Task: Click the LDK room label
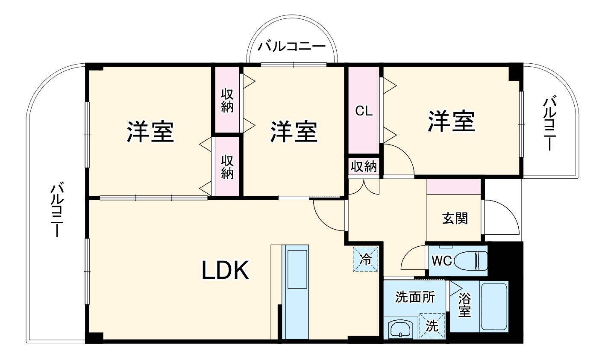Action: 225,270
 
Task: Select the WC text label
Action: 442,260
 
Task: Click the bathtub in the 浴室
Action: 494,306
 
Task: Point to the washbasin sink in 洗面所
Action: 400,330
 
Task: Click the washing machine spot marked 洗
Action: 432,327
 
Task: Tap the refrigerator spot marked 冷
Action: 366,259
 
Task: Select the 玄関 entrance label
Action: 455,218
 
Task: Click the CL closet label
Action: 364,111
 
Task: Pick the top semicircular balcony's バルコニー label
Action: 292,46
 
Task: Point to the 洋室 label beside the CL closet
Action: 452,121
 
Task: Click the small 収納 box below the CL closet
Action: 364,166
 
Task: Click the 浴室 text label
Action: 464,305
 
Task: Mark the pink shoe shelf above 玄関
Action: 454,186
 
